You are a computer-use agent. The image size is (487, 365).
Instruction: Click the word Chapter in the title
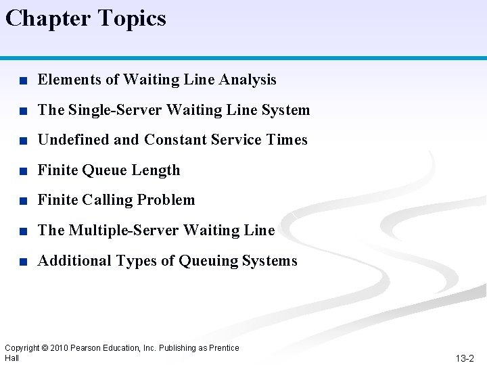[x=45, y=18]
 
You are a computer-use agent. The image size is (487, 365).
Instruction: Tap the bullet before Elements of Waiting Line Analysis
[x=23, y=80]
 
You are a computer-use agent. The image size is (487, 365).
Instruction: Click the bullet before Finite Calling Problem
[x=23, y=201]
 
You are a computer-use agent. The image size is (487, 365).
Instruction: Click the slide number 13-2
[x=465, y=358]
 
